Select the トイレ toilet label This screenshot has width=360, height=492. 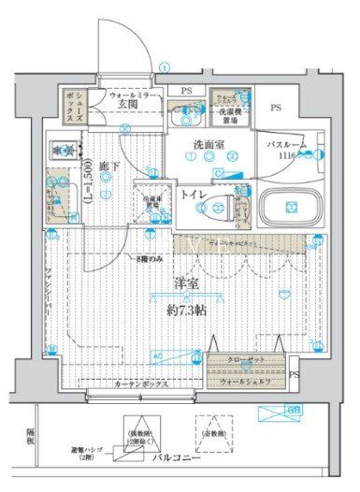click(x=194, y=196)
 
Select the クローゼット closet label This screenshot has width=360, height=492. click(x=245, y=360)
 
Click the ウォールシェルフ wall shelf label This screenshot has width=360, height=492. click(x=245, y=381)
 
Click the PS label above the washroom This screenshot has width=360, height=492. click(x=186, y=89)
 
